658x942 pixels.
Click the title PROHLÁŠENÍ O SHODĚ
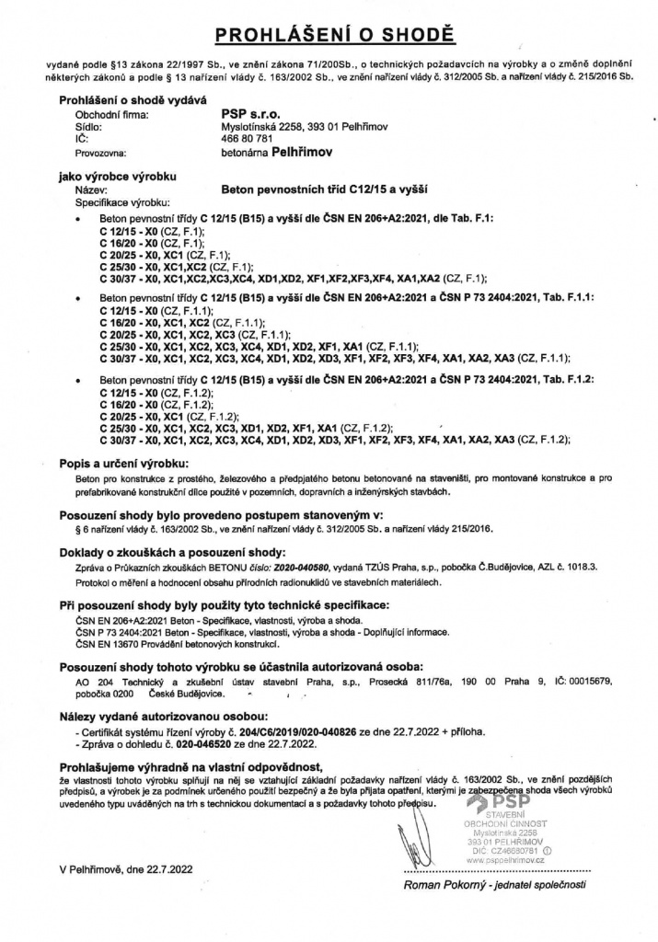[329, 36]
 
